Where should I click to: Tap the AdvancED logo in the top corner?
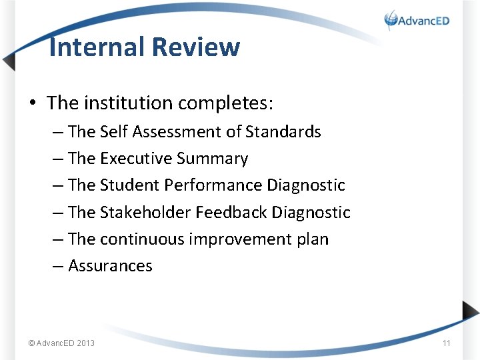417,20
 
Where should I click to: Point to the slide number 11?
447,343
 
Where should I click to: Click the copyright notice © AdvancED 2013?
61,343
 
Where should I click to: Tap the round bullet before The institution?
32,104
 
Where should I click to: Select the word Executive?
136,159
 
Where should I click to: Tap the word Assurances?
110,266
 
